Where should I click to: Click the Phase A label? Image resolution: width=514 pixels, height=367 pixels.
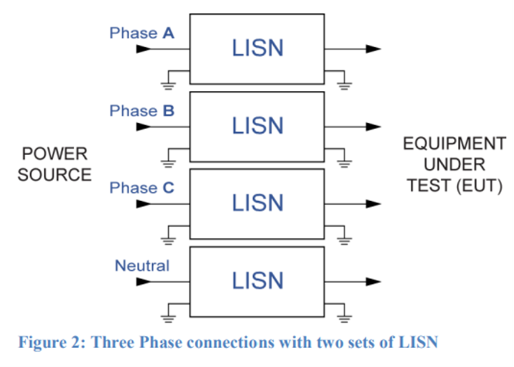point(142,34)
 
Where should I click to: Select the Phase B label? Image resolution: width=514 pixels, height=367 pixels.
point(142,111)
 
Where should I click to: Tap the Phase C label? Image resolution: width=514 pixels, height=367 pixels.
point(142,188)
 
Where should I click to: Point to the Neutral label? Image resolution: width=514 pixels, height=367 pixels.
point(142,266)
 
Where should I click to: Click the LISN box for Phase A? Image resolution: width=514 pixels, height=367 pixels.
point(257,48)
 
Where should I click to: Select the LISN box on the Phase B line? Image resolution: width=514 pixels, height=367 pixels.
point(257,126)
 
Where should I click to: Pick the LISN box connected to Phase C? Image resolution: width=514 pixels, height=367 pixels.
point(257,204)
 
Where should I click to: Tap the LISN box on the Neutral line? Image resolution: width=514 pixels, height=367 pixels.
point(257,281)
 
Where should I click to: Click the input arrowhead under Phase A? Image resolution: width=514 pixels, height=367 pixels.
point(143,49)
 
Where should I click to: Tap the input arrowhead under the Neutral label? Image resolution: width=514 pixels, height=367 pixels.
point(143,281)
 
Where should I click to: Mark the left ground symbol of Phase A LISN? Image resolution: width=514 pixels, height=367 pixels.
point(169,85)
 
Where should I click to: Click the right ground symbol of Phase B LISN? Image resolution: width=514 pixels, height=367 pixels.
point(344,162)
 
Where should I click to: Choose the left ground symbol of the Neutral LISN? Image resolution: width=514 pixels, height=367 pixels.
point(169,317)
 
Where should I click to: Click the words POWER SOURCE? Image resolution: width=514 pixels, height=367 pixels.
point(54,165)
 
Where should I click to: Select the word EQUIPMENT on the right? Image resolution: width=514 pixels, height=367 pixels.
point(454,143)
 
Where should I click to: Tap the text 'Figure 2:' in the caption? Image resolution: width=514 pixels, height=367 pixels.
point(50,342)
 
